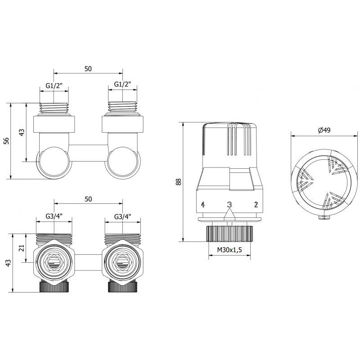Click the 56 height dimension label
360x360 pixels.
[x=6, y=141]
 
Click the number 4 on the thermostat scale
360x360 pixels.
[x=203, y=205]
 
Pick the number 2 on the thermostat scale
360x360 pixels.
[x=256, y=205]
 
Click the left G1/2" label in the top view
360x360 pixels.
[x=54, y=85]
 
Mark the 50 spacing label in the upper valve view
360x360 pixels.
[x=88, y=68]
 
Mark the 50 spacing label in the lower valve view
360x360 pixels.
[x=88, y=199]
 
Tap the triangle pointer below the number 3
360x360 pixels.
[x=229, y=216]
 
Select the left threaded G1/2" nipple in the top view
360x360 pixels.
[x=54, y=108]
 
